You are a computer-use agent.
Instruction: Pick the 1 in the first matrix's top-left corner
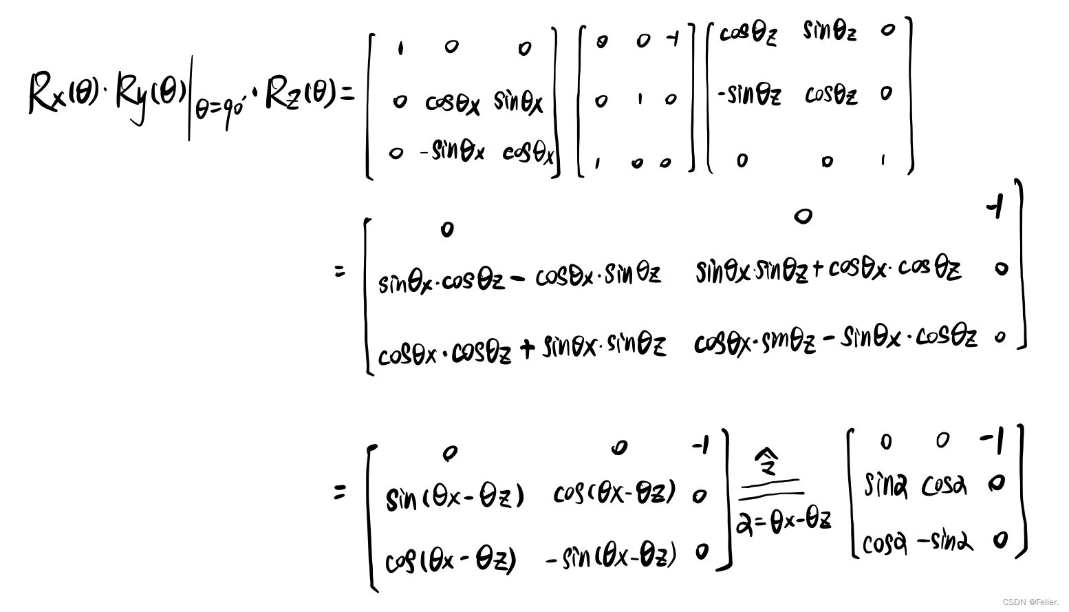click(x=400, y=48)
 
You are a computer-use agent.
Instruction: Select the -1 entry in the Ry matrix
click(x=673, y=40)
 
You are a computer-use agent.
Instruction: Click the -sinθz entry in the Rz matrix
click(x=749, y=94)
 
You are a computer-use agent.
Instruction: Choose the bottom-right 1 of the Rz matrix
click(x=883, y=160)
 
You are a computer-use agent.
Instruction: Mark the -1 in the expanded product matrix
click(x=995, y=207)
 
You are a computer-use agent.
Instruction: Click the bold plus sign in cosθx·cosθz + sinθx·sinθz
click(x=527, y=349)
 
